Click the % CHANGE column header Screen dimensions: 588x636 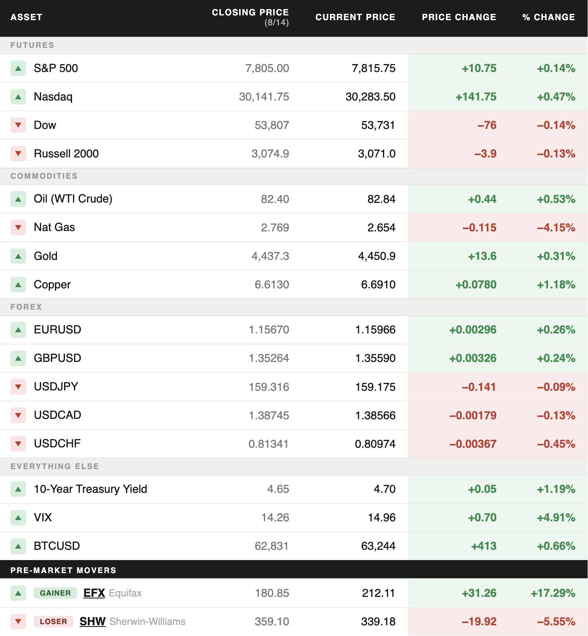tap(548, 17)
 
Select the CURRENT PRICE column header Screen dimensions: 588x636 tap(355, 17)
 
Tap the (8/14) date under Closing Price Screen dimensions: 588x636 tap(277, 23)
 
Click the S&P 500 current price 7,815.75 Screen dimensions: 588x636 tap(374, 68)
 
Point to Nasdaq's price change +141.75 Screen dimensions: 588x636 tap(476, 97)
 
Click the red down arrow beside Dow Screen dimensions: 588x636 tap(18, 125)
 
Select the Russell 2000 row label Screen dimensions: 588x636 tap(66, 153)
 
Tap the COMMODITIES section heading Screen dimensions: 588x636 tap(44, 176)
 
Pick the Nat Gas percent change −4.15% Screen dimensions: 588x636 tap(556, 227)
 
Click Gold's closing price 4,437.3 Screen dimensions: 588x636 tap(270, 256)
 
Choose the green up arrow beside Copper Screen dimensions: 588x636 tap(18, 284)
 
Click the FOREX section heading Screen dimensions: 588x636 tap(26, 307)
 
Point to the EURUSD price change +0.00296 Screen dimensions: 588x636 tap(472, 329)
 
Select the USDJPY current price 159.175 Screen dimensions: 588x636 tap(375, 387)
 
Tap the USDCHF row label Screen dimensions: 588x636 tap(57, 443)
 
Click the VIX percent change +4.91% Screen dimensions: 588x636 tap(556, 517)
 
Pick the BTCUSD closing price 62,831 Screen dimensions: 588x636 tap(271, 546)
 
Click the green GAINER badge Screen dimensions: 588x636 tap(55, 593)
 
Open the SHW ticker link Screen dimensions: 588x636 tap(93, 621)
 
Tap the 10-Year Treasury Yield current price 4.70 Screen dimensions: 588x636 tap(385, 489)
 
